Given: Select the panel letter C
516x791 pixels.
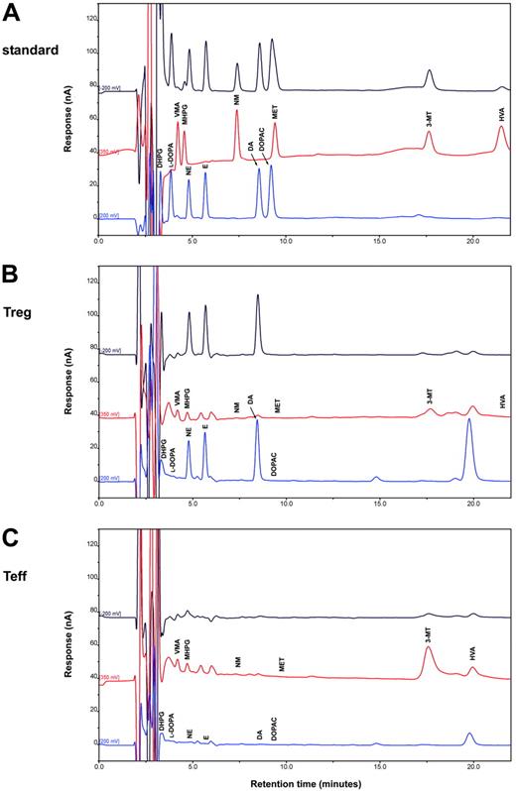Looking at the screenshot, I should point(10,534).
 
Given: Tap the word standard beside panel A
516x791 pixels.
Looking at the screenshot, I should point(27,47).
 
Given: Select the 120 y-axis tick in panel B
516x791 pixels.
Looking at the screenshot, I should point(88,281).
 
